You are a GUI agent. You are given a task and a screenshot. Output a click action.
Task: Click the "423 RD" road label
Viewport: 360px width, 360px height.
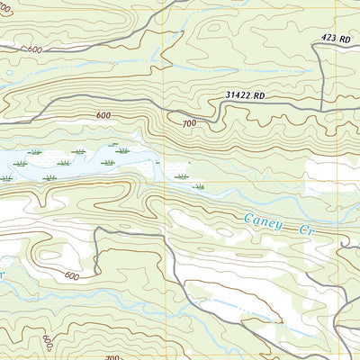point(336,38)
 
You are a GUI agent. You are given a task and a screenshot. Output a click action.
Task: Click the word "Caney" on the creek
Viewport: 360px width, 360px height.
point(264,221)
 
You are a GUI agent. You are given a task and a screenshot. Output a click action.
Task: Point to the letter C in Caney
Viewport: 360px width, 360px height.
point(249,218)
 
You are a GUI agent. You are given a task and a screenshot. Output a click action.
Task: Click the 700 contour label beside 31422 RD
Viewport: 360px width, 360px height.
point(188,123)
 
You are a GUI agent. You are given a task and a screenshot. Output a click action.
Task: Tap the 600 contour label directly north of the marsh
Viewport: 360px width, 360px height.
point(103,115)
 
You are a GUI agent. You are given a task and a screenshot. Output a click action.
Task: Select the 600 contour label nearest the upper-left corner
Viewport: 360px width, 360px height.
point(34,49)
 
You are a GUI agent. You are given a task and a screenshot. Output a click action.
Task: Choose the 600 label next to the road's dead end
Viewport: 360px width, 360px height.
point(72,275)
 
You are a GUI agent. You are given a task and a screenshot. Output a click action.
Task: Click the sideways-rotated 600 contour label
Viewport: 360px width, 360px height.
point(46,344)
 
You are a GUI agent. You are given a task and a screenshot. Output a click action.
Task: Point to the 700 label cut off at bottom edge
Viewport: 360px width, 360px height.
point(112,356)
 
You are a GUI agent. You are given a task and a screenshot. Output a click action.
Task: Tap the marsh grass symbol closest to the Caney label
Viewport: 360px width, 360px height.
point(199,186)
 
